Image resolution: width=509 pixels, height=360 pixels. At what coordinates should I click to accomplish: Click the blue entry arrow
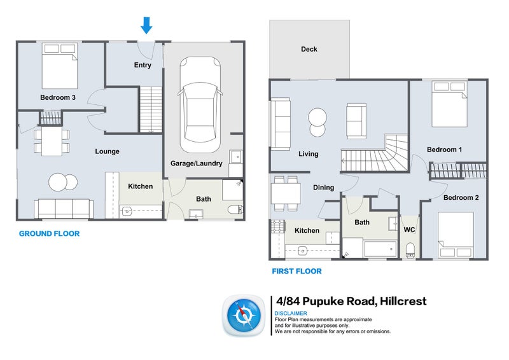(x=146, y=25)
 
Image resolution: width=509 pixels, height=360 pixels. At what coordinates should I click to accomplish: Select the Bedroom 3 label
(x=58, y=97)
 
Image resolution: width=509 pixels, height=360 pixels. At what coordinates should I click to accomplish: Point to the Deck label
(x=309, y=49)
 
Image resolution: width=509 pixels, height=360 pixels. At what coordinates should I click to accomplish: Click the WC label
(x=409, y=230)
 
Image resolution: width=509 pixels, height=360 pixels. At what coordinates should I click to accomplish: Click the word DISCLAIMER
(x=291, y=313)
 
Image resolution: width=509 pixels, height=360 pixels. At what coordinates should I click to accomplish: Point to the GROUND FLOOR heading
(x=49, y=234)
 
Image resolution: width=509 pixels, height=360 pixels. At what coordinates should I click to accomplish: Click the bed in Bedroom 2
(x=455, y=235)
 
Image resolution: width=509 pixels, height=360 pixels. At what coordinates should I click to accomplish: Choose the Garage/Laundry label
(x=196, y=163)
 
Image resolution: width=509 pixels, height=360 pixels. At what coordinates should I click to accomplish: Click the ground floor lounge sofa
(x=64, y=209)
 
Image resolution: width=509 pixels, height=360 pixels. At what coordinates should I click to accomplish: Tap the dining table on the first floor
(x=285, y=193)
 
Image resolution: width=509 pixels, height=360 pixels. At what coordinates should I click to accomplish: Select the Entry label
(x=143, y=66)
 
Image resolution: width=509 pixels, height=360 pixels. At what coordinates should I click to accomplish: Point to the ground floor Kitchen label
(x=141, y=186)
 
